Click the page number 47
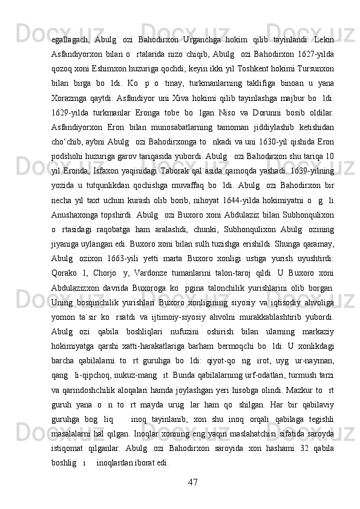pos(194,482)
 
